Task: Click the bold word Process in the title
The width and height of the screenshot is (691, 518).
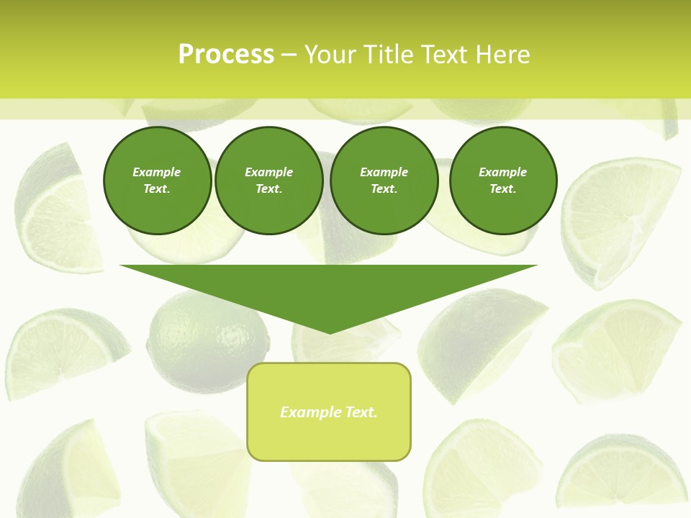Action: point(226,54)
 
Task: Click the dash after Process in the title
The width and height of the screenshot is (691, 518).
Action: point(289,55)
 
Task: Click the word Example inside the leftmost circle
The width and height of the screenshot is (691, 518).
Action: point(157,172)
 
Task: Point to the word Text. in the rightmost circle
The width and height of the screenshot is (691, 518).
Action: point(503,188)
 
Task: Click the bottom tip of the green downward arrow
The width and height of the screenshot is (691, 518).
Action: point(329,332)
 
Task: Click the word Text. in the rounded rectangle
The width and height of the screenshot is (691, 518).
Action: point(361,412)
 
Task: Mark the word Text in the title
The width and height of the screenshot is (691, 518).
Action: point(444,55)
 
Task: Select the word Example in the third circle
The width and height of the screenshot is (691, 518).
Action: point(384,172)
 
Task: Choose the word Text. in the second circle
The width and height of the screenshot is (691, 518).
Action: point(268,188)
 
